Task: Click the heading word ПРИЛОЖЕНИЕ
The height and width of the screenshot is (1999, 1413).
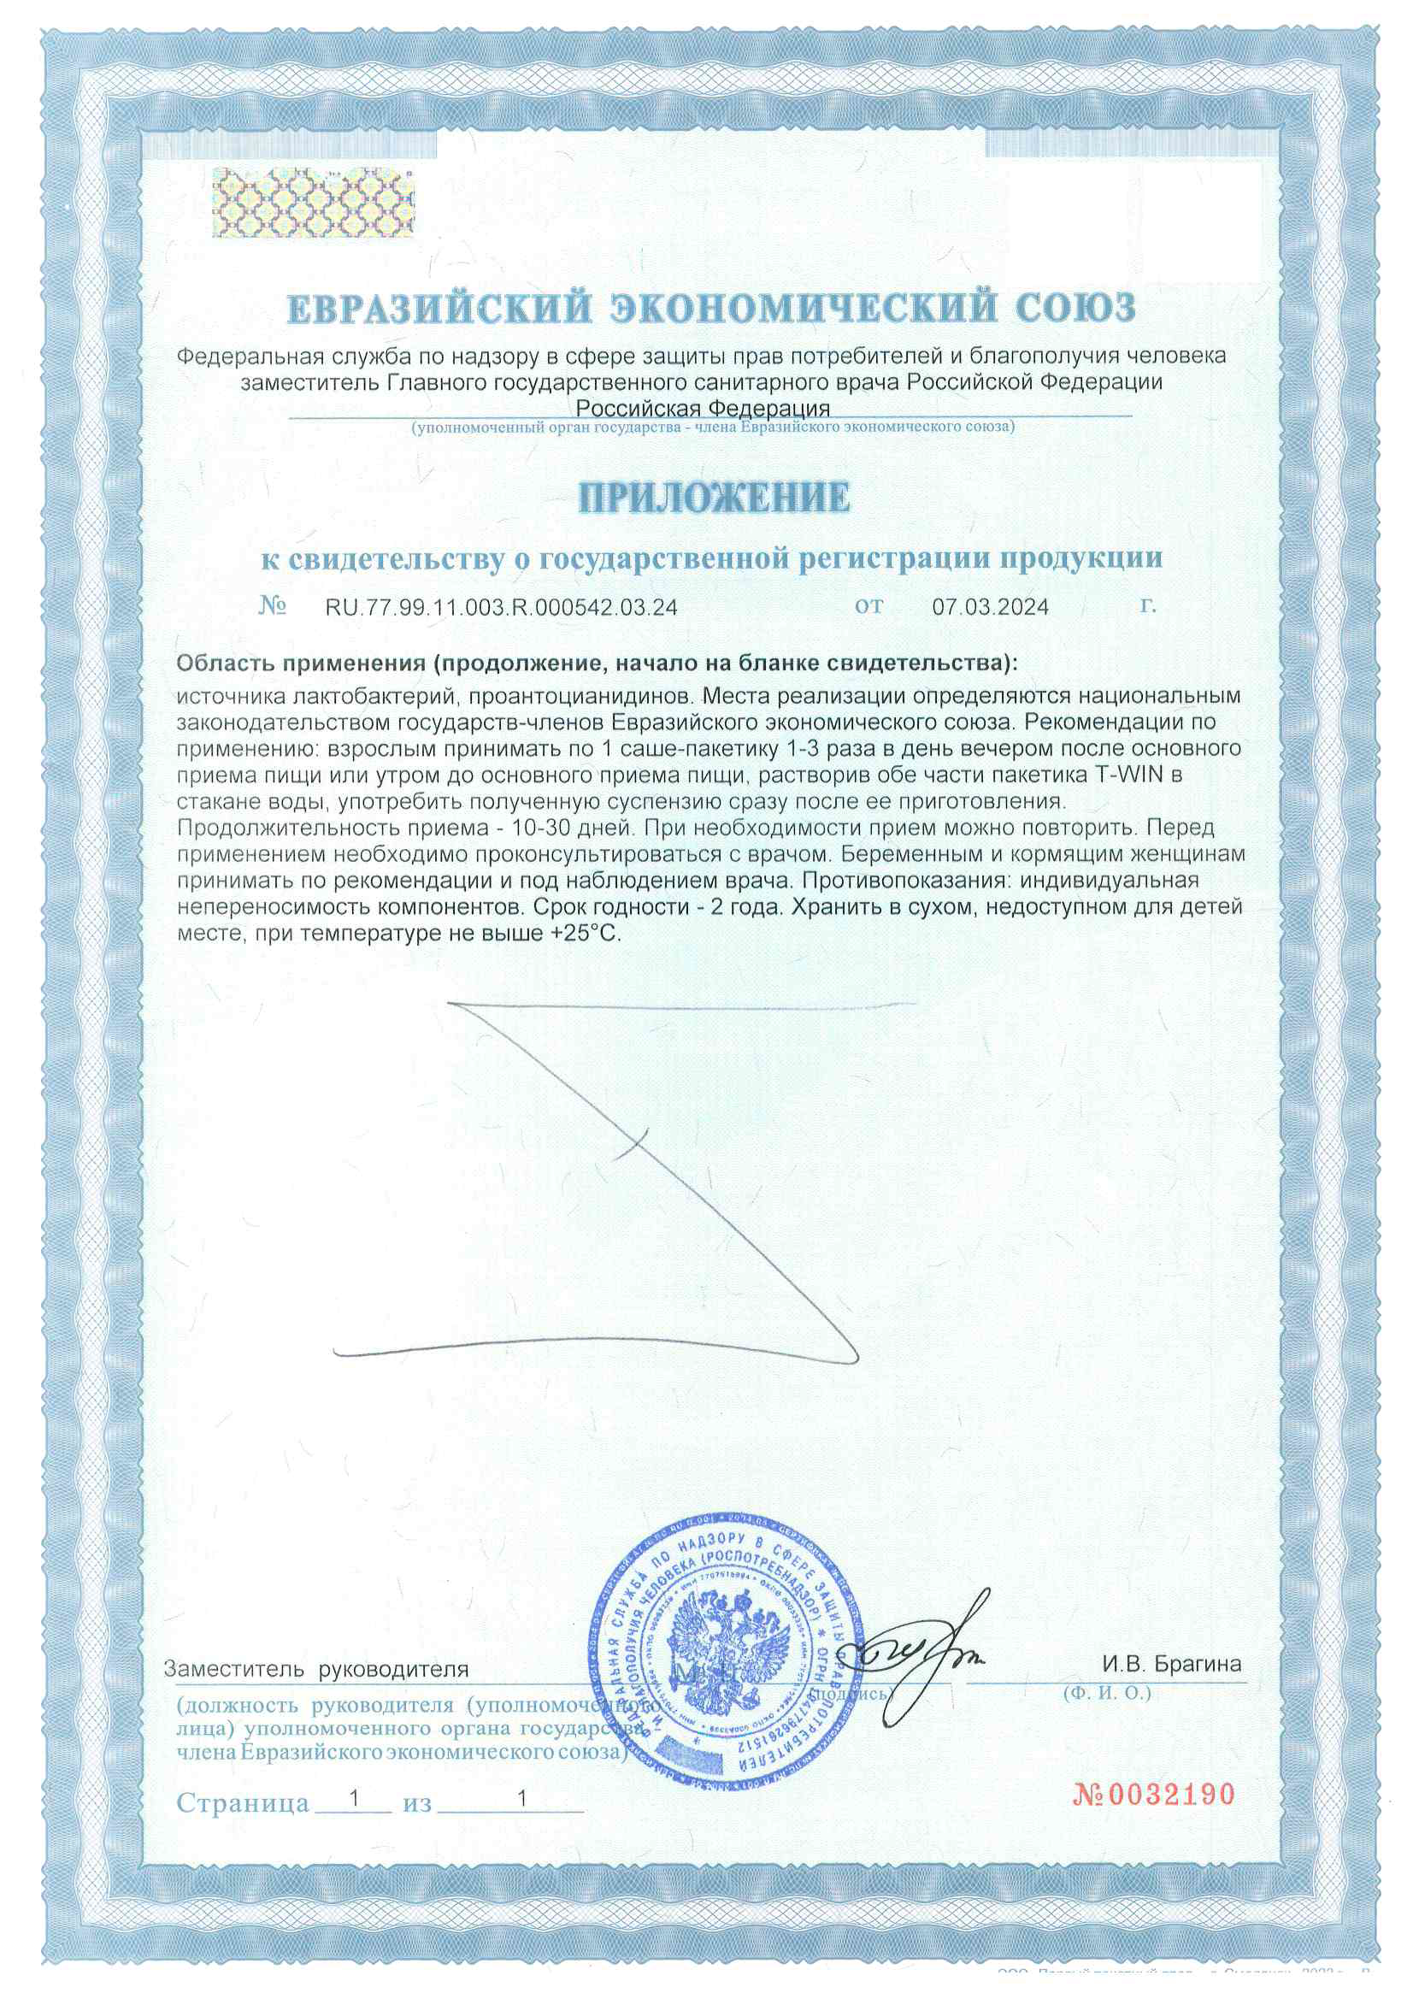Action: point(714,498)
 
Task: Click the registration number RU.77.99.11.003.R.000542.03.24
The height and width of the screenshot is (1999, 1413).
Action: point(501,607)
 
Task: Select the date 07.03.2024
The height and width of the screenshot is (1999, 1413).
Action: point(990,607)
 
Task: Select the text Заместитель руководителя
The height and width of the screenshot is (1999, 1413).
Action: point(316,1669)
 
